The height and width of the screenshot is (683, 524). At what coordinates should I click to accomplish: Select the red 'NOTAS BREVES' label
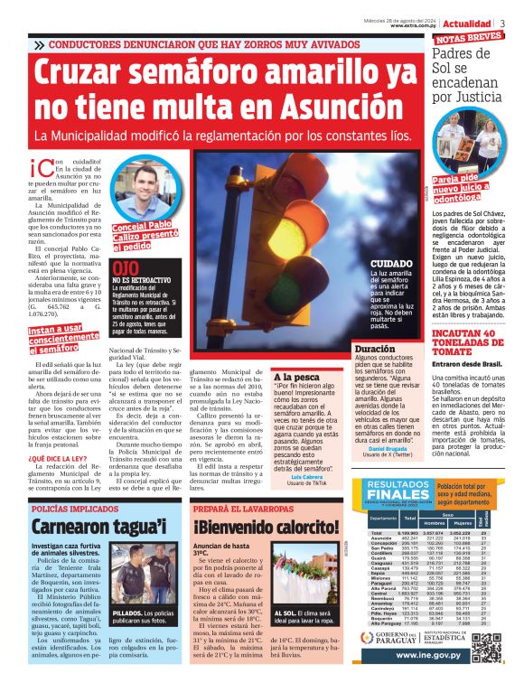(468, 38)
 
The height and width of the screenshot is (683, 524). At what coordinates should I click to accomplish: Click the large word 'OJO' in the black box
(126, 268)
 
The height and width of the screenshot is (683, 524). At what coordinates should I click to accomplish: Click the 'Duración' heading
(374, 348)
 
